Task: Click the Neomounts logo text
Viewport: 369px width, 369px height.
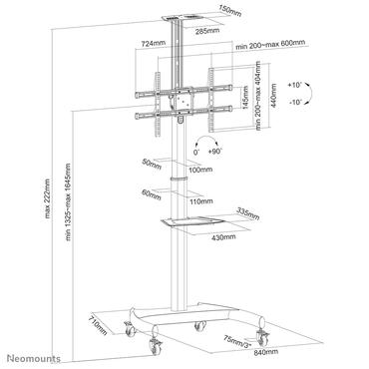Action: (35, 358)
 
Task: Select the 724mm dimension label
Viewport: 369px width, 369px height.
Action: (153, 45)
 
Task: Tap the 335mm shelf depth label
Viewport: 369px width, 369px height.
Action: (248, 211)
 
